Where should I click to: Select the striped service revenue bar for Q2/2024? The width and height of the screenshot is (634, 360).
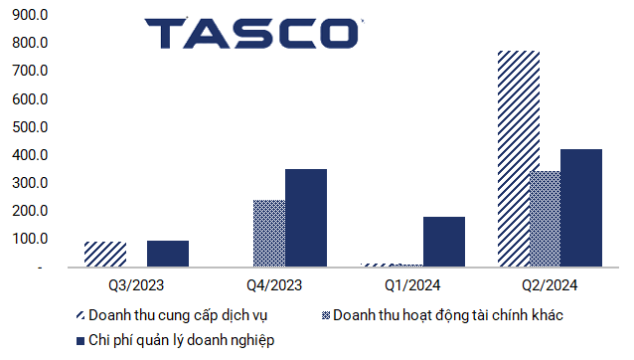pos(519,159)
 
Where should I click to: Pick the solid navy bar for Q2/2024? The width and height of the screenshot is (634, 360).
pos(580,208)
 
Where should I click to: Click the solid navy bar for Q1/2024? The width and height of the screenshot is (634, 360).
pos(443,242)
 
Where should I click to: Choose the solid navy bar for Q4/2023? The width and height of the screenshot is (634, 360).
pos(305,218)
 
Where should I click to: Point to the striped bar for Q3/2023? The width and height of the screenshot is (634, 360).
pos(104,255)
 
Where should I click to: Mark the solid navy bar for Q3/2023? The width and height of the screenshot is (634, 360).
pos(167,254)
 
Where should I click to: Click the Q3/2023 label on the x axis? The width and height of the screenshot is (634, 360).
pos(136,285)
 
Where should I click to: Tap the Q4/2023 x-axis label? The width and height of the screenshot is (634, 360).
pos(274,285)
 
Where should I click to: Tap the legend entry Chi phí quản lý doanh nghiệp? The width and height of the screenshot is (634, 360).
pos(180,340)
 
